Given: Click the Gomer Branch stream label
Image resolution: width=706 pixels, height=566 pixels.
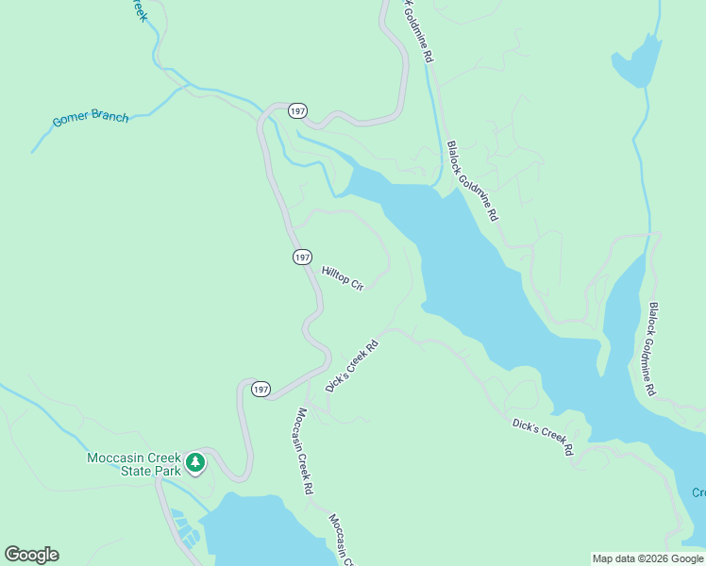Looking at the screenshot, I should [x=91, y=119].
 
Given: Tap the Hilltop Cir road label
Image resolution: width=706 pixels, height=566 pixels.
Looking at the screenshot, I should [x=342, y=277].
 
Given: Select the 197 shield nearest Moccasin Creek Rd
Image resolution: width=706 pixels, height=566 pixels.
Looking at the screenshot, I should [x=261, y=389].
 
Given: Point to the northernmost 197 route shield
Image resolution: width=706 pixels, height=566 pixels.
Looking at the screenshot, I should [x=297, y=111].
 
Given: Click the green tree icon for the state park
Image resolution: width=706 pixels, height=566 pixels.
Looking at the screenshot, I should [x=195, y=462].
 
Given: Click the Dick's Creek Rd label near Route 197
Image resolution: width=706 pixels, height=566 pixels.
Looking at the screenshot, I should [x=351, y=366].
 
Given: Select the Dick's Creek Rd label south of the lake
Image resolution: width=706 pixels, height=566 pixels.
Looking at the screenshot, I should [x=543, y=437].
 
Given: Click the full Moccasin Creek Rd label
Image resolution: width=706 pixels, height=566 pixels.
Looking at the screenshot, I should [x=303, y=451].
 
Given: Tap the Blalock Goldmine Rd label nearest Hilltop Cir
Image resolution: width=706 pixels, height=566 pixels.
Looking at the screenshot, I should [x=472, y=181].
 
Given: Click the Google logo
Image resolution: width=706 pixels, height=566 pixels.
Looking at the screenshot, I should [x=31, y=555].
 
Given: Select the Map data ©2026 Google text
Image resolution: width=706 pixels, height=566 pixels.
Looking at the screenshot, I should [x=647, y=558].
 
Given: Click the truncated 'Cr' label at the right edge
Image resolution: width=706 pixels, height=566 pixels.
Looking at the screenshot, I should [x=698, y=492].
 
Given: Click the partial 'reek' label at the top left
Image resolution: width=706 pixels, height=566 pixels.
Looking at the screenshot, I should [x=140, y=10].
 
